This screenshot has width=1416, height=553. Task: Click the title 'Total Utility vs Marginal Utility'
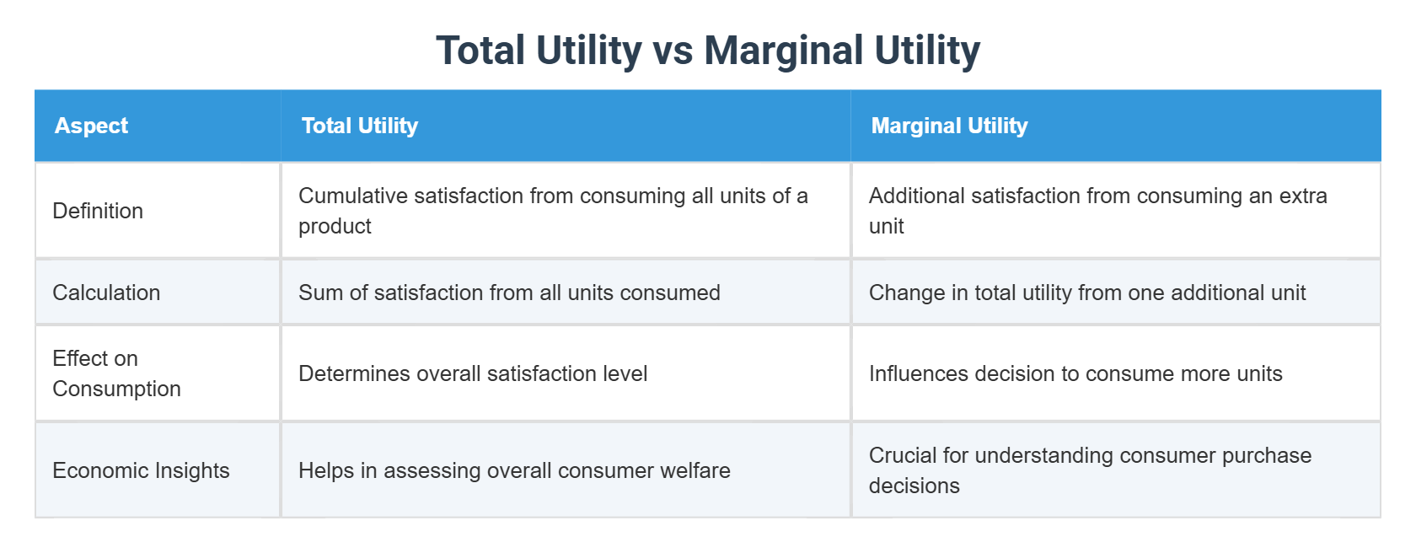click(x=708, y=51)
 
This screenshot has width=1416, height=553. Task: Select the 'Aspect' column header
click(x=91, y=126)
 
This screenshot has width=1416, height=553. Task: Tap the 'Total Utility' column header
click(x=360, y=126)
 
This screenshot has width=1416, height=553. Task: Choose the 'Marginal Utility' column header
click(x=949, y=126)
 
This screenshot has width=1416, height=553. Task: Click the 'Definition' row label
click(x=98, y=211)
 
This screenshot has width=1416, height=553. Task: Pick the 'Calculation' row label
click(x=106, y=293)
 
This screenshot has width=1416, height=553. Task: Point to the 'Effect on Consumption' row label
click(x=116, y=373)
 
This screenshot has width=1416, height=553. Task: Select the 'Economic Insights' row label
click(x=141, y=470)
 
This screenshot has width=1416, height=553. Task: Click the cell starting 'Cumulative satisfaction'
click(x=553, y=211)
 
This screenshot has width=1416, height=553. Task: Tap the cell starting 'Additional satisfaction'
click(x=1097, y=211)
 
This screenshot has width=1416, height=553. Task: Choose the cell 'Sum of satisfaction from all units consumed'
click(x=509, y=293)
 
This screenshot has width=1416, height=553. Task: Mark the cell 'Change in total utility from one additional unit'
click(x=1086, y=293)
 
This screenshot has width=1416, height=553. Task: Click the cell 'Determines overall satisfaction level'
click(x=473, y=373)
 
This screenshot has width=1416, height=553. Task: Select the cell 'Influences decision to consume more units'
click(x=1075, y=373)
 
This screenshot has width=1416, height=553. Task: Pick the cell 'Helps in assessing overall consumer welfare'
click(x=514, y=470)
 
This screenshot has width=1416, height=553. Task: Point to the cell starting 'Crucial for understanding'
click(x=1090, y=470)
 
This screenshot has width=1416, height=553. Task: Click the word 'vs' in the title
click(x=673, y=51)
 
